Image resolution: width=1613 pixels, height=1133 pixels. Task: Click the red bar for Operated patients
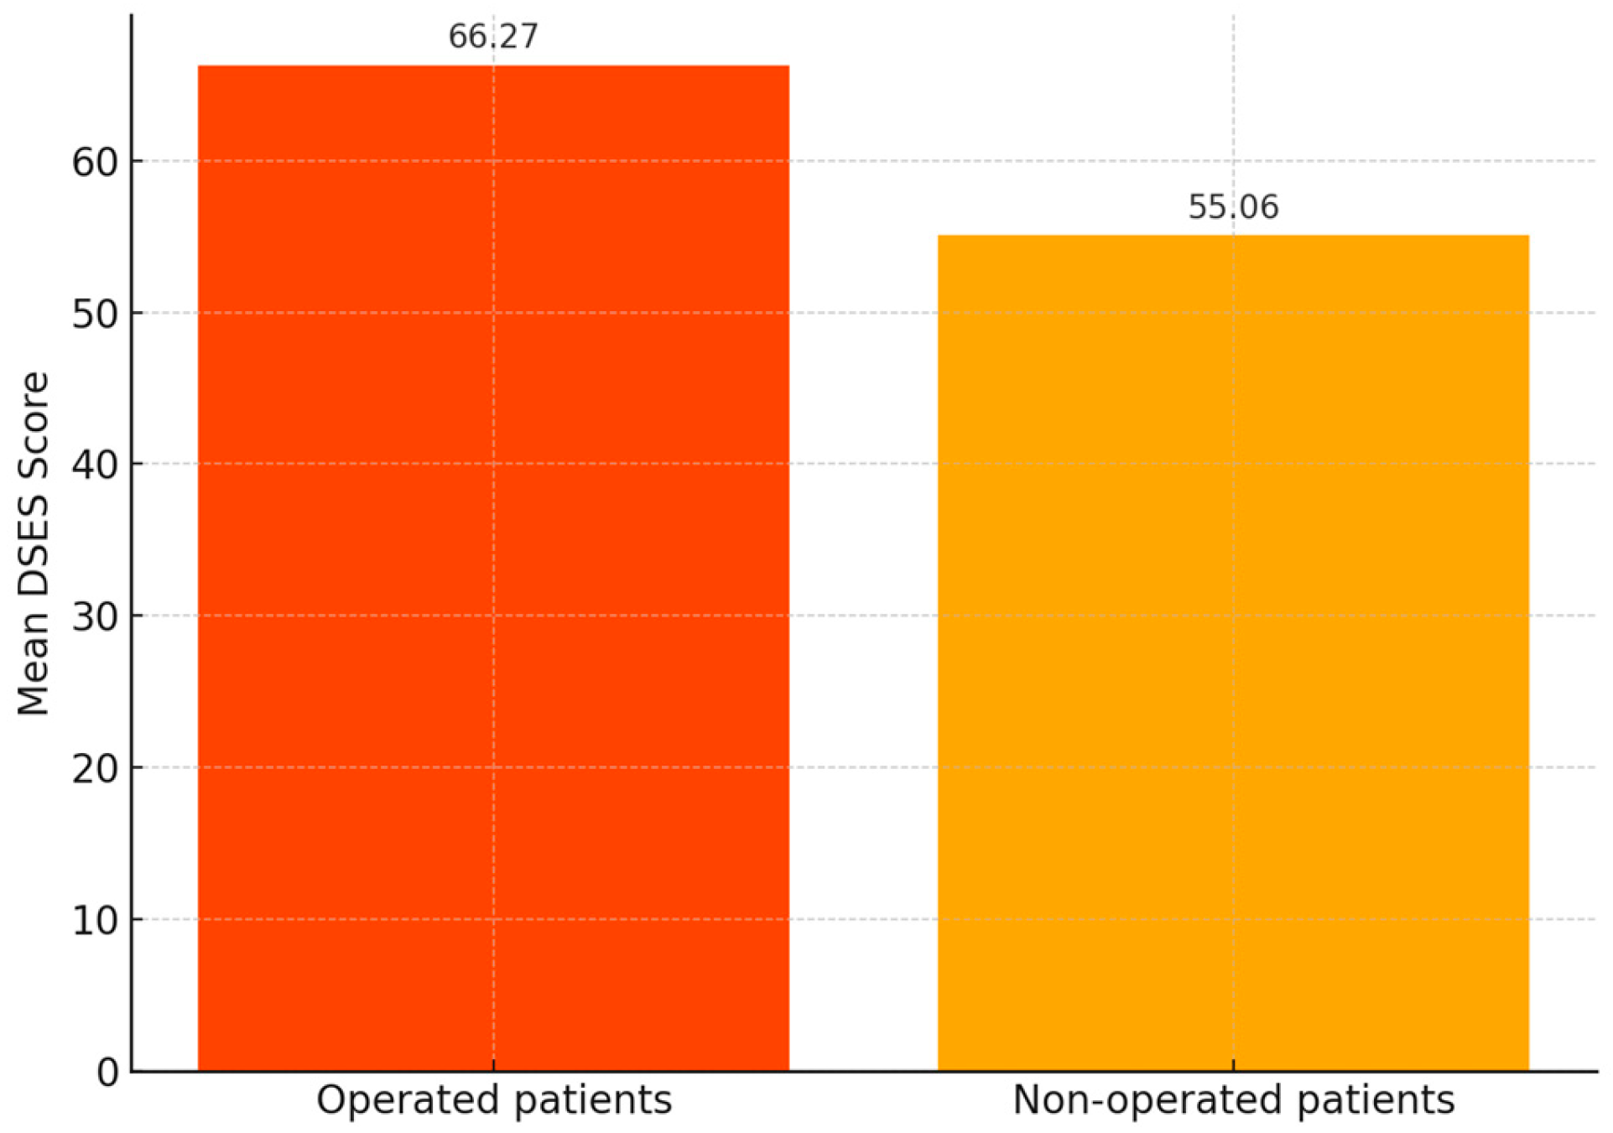493,568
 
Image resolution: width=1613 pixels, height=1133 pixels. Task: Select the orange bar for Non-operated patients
1233,652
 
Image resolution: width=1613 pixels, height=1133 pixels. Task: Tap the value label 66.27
493,37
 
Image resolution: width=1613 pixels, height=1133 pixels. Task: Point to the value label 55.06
1233,207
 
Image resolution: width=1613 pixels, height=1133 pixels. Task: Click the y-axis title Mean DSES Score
34,543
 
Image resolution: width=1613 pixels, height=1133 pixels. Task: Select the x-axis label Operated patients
494,1100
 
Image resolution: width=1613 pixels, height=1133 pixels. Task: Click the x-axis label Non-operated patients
1233,1100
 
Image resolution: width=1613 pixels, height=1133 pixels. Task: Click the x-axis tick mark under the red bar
493,1066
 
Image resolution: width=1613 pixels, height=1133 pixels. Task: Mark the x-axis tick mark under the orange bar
1233,1066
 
